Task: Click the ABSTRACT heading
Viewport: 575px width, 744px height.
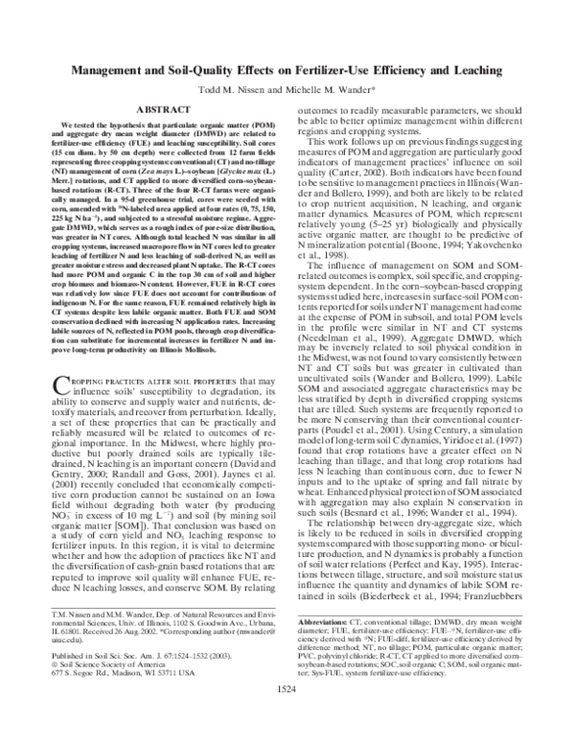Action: click(163, 111)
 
